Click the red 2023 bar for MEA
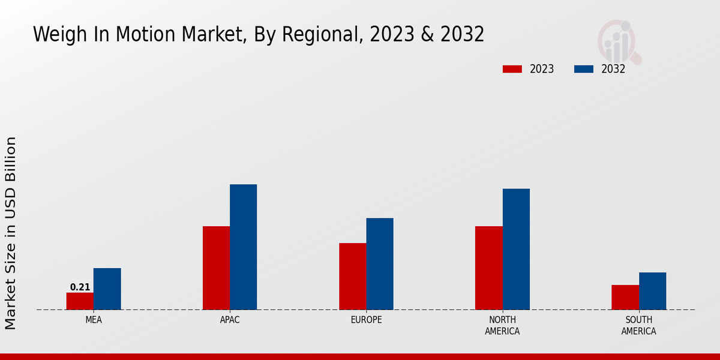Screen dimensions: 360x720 pos(80,301)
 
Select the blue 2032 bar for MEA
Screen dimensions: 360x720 pos(107,289)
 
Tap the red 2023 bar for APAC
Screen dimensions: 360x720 pos(216,268)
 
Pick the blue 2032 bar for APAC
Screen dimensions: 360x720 pos(243,247)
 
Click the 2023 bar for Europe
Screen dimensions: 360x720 pos(352,276)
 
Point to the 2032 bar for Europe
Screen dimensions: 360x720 pos(380,263)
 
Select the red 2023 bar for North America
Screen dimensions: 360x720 pos(488,268)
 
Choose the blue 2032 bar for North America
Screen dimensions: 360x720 pos(516,249)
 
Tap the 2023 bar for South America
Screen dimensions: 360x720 pos(625,297)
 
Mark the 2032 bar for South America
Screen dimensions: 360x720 pos(652,291)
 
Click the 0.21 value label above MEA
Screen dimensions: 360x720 pos(80,287)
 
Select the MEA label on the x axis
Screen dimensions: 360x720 pos(94,320)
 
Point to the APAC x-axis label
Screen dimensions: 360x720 pos(230,320)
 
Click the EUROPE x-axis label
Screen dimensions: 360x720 pos(366,320)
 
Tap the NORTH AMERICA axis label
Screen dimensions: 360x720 pos(502,325)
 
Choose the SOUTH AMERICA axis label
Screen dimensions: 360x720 pos(638,325)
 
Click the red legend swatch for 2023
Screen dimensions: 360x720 pos(512,69)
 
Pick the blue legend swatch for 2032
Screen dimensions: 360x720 pos(583,69)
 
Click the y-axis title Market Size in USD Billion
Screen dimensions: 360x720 pos(11,233)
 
